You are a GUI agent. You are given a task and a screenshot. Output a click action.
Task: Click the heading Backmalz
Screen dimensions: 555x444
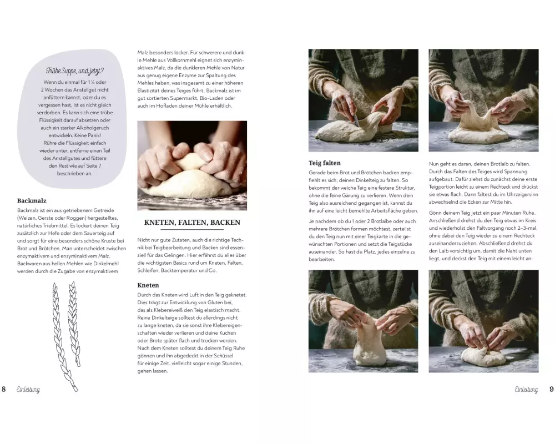[x=32, y=201]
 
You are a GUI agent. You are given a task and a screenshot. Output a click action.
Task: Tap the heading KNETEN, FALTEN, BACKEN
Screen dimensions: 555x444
[x=192, y=223]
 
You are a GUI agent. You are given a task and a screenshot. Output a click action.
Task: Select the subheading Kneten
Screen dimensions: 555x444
[x=148, y=285]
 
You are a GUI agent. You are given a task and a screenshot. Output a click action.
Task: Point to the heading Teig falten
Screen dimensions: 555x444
[x=325, y=163]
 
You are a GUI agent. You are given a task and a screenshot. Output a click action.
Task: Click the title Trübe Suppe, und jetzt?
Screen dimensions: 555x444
[x=75, y=71]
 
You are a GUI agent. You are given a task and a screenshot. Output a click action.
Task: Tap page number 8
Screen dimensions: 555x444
[x=3, y=389]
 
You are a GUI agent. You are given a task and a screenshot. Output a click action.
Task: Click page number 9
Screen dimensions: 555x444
[x=551, y=389]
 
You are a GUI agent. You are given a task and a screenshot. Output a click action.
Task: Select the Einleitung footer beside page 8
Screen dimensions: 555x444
[x=28, y=390]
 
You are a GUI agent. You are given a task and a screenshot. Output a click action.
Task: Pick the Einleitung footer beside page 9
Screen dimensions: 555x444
[x=526, y=390]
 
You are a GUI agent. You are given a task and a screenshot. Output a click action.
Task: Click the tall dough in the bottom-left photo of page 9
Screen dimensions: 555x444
[x=369, y=344]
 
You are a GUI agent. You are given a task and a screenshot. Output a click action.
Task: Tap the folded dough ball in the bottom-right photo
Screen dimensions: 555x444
[x=485, y=356]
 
